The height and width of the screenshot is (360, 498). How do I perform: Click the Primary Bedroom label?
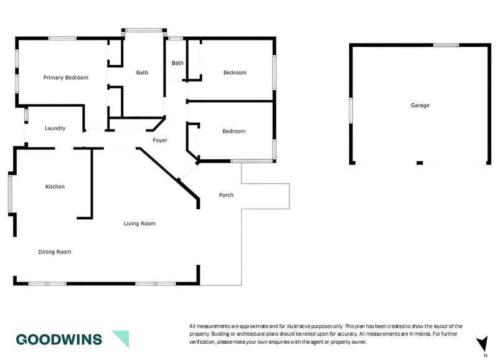(x=65, y=78)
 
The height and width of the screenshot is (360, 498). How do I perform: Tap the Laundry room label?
(x=55, y=128)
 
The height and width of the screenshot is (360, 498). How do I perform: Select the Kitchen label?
(x=55, y=186)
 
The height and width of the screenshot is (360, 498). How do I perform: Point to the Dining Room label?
(x=55, y=252)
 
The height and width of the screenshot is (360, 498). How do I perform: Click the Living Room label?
(x=139, y=223)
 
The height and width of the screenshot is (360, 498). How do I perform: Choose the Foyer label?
(x=160, y=141)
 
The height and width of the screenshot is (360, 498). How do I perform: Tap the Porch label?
(x=226, y=195)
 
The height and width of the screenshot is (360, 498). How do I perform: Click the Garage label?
(x=420, y=106)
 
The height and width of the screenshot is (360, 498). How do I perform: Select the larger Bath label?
(x=142, y=73)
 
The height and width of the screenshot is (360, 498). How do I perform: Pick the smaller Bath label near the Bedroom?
(x=178, y=63)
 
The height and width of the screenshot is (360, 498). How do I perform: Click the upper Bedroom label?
(x=235, y=73)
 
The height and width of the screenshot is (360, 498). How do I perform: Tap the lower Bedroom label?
(x=234, y=131)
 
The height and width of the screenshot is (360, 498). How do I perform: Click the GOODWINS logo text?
(x=60, y=339)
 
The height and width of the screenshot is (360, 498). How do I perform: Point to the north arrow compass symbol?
(x=482, y=344)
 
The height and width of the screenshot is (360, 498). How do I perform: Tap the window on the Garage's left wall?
(x=351, y=110)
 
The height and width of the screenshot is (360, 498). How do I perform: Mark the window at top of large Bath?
(x=144, y=29)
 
